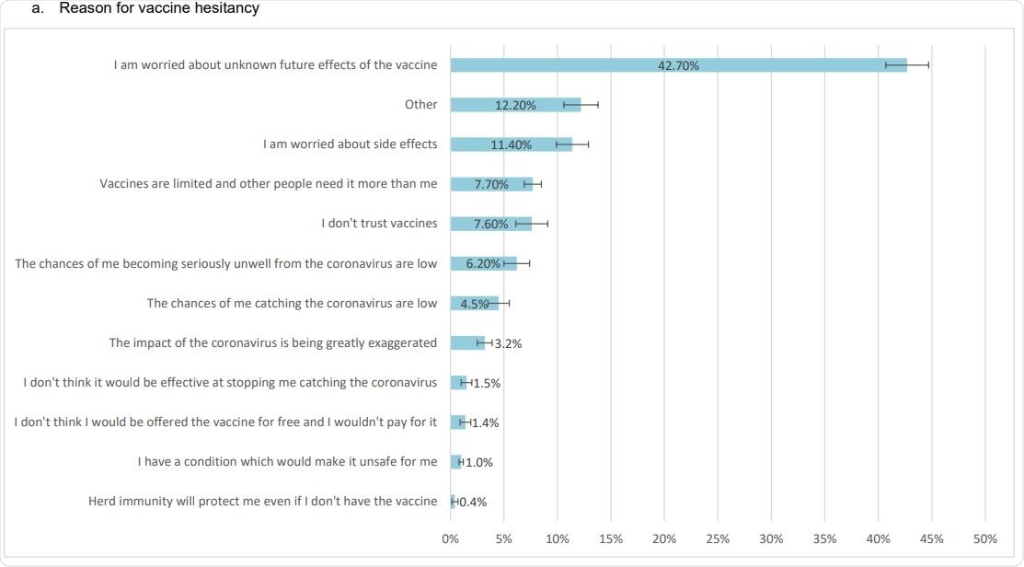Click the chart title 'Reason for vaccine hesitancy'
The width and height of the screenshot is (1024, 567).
click(x=158, y=8)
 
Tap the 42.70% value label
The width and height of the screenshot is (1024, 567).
click(x=679, y=65)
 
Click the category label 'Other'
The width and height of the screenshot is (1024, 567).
click(x=420, y=105)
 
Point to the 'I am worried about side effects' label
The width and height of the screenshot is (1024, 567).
click(x=350, y=145)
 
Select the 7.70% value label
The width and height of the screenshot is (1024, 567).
click(x=491, y=184)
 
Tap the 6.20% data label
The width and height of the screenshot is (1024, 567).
click(x=483, y=264)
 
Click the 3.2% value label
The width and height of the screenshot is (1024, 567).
click(x=508, y=343)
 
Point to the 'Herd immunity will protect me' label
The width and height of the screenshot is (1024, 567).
click(x=262, y=502)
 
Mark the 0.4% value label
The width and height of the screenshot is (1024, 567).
click(x=472, y=503)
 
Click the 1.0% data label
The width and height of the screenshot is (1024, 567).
click(x=478, y=463)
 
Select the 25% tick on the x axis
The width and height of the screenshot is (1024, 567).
click(x=718, y=538)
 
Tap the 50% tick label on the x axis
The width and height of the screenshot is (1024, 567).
click(x=984, y=538)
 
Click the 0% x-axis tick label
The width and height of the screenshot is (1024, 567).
click(x=450, y=538)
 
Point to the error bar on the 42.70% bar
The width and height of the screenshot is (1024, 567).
click(x=907, y=65)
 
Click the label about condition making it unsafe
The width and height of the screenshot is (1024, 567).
click(x=287, y=462)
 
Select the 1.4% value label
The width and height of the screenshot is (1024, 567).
click(x=485, y=423)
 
